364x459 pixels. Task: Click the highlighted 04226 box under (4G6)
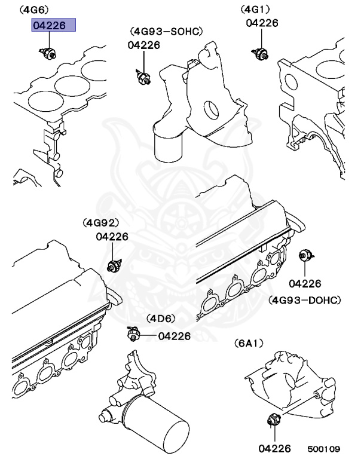53,26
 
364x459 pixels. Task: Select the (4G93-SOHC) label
166,31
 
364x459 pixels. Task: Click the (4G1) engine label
255,10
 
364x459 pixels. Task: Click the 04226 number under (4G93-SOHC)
143,45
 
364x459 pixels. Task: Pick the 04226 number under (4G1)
262,23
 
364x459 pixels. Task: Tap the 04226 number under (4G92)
112,236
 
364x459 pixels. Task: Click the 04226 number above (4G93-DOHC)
305,283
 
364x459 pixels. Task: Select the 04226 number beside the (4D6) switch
174,336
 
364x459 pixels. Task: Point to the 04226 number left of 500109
275,448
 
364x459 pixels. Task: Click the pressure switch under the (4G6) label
48,53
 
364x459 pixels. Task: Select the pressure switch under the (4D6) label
133,332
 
